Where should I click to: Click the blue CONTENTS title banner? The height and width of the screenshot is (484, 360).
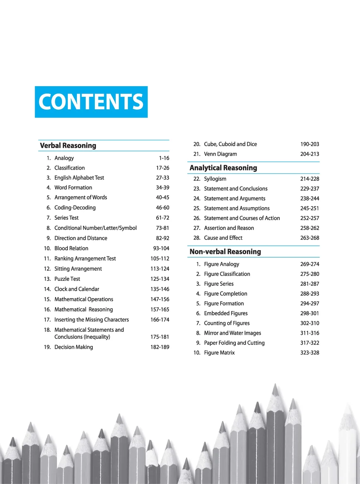point(91,102)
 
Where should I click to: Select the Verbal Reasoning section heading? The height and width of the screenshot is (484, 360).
point(68,146)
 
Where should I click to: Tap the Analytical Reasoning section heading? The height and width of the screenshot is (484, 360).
point(223,168)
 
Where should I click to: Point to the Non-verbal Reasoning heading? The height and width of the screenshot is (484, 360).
point(225,252)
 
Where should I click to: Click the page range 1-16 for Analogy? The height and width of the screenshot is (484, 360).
point(164,158)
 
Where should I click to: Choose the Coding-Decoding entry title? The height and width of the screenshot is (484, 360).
point(75,208)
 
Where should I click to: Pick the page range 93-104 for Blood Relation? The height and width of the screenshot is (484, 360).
point(161,248)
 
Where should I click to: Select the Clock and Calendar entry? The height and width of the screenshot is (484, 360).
point(77,289)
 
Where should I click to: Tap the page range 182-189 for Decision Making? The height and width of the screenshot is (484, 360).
point(160,347)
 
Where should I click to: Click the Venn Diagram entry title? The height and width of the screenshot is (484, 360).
point(221,154)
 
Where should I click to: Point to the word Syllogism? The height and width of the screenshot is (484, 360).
point(215,179)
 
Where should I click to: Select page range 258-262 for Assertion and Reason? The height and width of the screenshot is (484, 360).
point(310,228)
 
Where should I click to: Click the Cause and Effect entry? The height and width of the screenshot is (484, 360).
point(223,238)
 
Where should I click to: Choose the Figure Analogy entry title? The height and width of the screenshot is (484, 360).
point(221,264)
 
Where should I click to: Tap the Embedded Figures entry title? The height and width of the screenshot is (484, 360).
point(226,313)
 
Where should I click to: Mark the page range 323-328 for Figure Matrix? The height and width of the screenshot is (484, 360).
point(310,352)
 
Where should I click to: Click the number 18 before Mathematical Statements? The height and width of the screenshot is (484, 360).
point(47,330)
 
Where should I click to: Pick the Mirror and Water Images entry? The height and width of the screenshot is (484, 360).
point(233,333)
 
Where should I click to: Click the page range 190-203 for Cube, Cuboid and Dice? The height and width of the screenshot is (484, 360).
point(310,144)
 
